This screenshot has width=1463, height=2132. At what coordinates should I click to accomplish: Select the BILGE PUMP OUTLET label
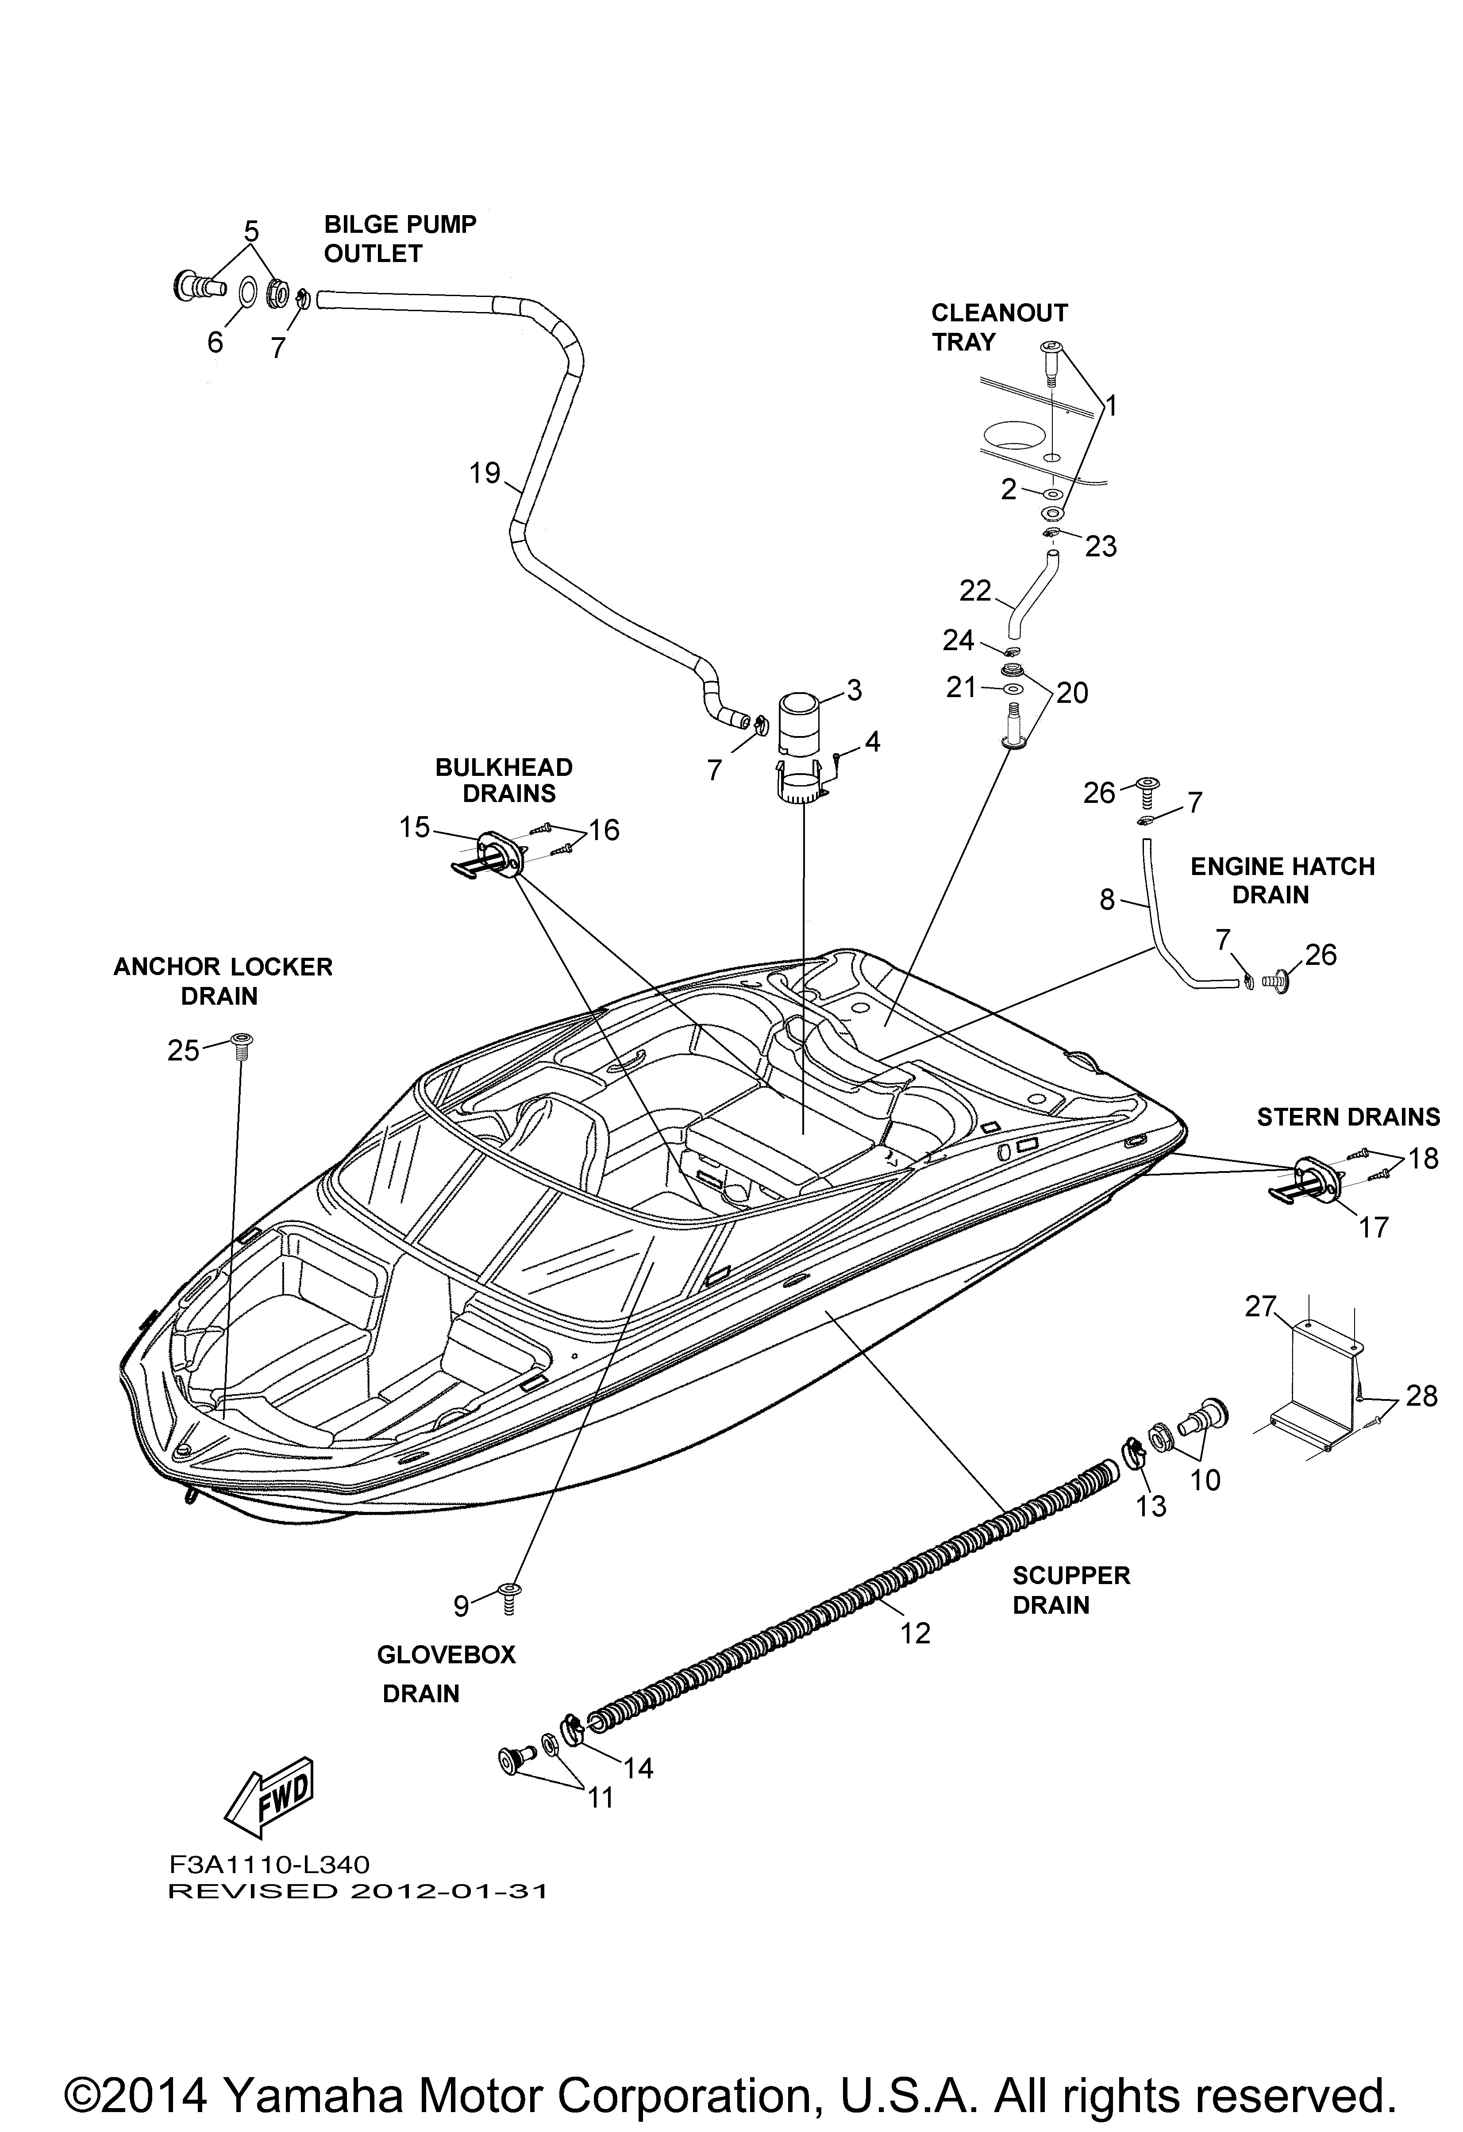(400, 239)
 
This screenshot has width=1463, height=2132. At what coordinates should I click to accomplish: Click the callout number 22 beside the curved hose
(975, 591)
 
